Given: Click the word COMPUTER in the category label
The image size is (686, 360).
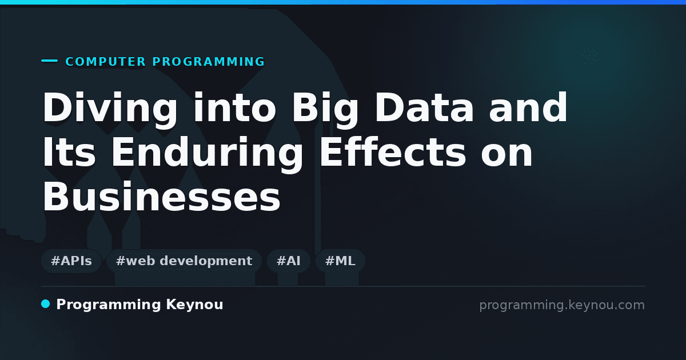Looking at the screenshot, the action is [105, 62].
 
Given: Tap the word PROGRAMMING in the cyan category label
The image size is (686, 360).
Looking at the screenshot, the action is [209, 62].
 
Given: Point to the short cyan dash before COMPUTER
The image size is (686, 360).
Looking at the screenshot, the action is [49, 61].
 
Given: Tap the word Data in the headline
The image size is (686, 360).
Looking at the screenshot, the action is [424, 108].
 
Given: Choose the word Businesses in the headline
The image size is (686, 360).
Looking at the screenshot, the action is [161, 197].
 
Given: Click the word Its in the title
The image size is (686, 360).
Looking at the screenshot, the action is [69, 152].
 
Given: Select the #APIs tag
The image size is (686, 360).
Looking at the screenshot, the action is [71, 261].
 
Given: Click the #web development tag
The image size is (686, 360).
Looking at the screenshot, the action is [184, 261].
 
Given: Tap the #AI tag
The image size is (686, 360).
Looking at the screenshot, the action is [289, 261].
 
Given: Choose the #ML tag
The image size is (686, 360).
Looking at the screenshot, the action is [340, 261].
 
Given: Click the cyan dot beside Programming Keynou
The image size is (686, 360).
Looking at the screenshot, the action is [46, 304].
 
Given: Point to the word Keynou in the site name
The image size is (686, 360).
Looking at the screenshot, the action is [194, 305].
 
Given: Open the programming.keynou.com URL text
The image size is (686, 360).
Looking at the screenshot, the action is [562, 305].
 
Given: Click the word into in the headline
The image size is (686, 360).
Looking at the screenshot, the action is [234, 108].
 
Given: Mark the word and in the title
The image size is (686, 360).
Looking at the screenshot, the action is [529, 108].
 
